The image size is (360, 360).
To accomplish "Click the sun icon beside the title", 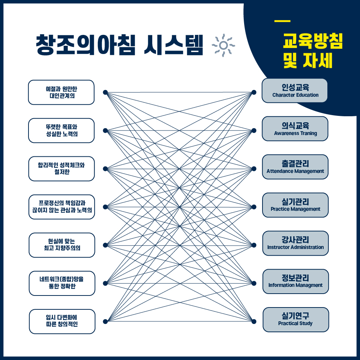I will pyautogui.click(x=223, y=45).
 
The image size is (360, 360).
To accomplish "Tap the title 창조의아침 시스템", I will pyautogui.click(x=119, y=46).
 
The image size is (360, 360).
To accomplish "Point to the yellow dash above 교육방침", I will pyautogui.click(x=282, y=21).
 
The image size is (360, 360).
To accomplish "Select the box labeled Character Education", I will pyautogui.click(x=295, y=91).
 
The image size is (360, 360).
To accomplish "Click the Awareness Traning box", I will pyautogui.click(x=295, y=129).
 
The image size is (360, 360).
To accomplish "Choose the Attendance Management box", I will pyautogui.click(x=295, y=167).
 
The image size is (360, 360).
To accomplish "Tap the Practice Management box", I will pyautogui.click(x=295, y=205).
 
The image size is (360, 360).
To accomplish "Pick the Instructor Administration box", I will pyautogui.click(x=295, y=243).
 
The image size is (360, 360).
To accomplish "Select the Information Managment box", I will pyautogui.click(x=295, y=281).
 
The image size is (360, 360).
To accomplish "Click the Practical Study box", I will pyautogui.click(x=295, y=319).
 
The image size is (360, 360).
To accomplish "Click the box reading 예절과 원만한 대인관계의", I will pyautogui.click(x=61, y=92).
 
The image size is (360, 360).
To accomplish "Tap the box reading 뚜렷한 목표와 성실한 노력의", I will pyautogui.click(x=61, y=130).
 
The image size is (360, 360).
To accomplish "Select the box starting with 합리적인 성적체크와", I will pyautogui.click(x=61, y=169).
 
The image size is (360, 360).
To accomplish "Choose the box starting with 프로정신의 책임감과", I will pyautogui.click(x=61, y=207).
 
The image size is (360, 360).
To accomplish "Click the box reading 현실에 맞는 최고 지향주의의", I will pyautogui.click(x=61, y=245).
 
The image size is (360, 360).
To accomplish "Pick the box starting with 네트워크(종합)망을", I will pyautogui.click(x=62, y=283).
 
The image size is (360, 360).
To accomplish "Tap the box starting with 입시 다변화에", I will pyautogui.click(x=62, y=321).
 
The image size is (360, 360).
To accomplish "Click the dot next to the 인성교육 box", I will pyautogui.click(x=254, y=92).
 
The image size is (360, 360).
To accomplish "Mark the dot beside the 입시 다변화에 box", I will pyautogui.click(x=105, y=321).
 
